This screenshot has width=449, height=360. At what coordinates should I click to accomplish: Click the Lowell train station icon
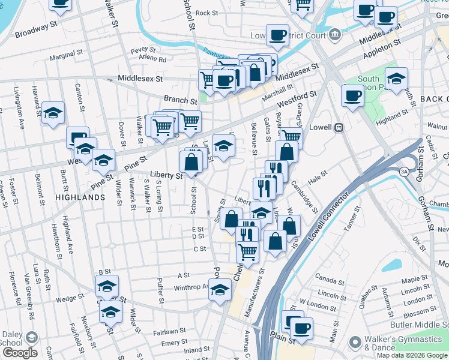click(x=339, y=127)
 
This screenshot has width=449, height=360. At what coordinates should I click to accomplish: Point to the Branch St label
click(x=180, y=101)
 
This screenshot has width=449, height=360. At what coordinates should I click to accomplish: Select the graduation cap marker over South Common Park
click(x=396, y=79)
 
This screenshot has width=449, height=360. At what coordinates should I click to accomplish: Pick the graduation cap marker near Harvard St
click(x=53, y=112)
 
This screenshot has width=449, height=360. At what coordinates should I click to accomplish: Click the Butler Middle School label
click(x=421, y=324)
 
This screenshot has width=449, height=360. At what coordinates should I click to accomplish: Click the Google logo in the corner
click(x=20, y=353)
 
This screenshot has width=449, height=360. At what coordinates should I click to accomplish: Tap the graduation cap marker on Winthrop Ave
click(x=220, y=289)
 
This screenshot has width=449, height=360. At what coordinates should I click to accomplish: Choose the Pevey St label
click(x=143, y=50)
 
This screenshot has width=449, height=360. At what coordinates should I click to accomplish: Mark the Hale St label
click(x=318, y=174)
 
